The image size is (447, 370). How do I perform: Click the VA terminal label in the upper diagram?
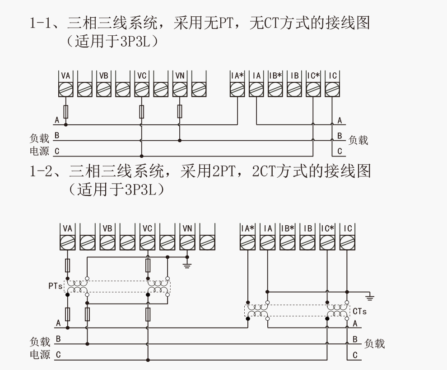[66, 76]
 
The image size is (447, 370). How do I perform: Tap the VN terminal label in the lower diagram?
[187, 228]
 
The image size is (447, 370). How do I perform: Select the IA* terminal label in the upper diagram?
[237, 76]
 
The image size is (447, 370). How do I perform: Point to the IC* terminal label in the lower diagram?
[327, 228]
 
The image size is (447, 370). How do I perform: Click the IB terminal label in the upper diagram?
[294, 76]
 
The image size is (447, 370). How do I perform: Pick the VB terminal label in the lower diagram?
[107, 228]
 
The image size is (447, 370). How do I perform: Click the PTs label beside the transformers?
[55, 286]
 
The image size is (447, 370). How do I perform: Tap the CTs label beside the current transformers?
[359, 311]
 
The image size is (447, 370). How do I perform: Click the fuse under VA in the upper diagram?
[66, 111]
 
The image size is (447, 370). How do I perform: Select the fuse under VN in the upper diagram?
[180, 111]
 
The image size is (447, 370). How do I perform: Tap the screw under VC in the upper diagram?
[142, 90]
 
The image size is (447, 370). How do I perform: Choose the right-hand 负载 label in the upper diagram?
[358, 140]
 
